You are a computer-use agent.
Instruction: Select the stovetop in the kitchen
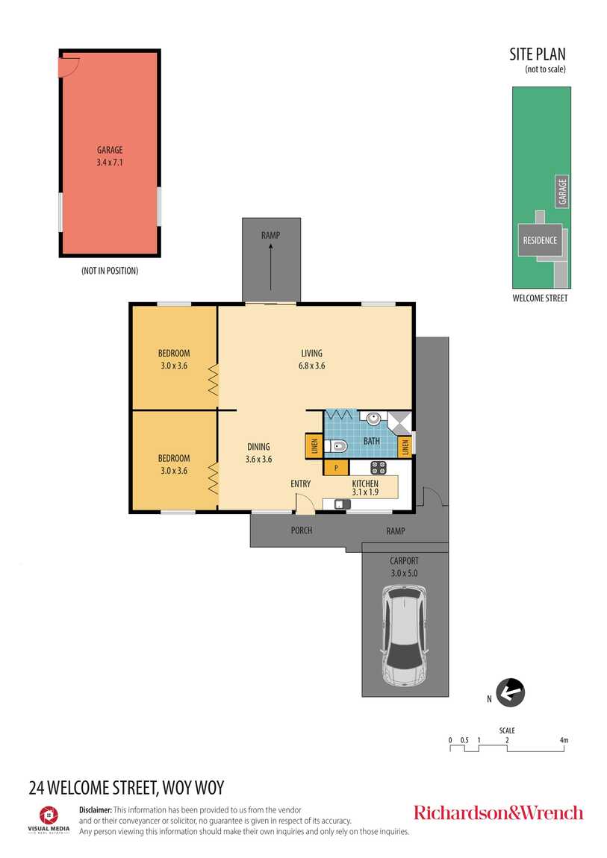tap(379, 468)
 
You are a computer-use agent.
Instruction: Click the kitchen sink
tap(342, 504)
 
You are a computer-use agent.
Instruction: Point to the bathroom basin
tap(373, 419)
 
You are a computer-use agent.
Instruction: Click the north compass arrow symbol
tap(510, 692)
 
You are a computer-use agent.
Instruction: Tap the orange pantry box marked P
tap(336, 467)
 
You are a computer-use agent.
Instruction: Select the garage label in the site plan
tap(562, 192)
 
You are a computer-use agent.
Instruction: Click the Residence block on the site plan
tap(541, 239)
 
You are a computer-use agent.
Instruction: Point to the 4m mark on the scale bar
tap(564, 740)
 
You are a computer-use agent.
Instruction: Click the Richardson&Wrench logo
tap(498, 812)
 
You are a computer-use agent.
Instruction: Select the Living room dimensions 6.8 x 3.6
tap(311, 366)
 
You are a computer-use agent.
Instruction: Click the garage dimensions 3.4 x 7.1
tap(110, 162)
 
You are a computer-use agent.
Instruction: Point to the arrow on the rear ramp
tap(270, 266)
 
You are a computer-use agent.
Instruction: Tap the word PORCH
tap(302, 530)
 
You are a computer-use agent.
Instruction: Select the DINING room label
tap(258, 446)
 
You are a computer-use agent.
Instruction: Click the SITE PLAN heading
tap(538, 54)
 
